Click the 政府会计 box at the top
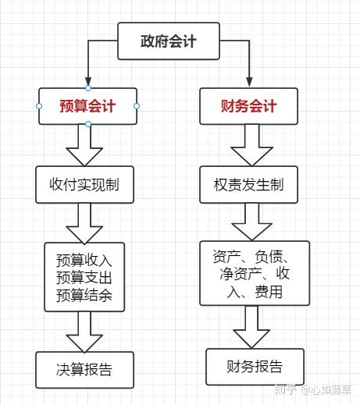point(167,41)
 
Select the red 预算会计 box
point(87,106)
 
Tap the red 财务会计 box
point(248,106)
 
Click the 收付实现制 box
point(84,185)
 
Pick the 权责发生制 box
point(248,185)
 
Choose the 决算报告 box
point(84,370)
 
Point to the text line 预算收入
point(84,260)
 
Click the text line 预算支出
point(84,276)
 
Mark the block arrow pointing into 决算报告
point(84,332)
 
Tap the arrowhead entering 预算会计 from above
point(88,81)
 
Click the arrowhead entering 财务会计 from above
point(249,81)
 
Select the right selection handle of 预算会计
point(137,105)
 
